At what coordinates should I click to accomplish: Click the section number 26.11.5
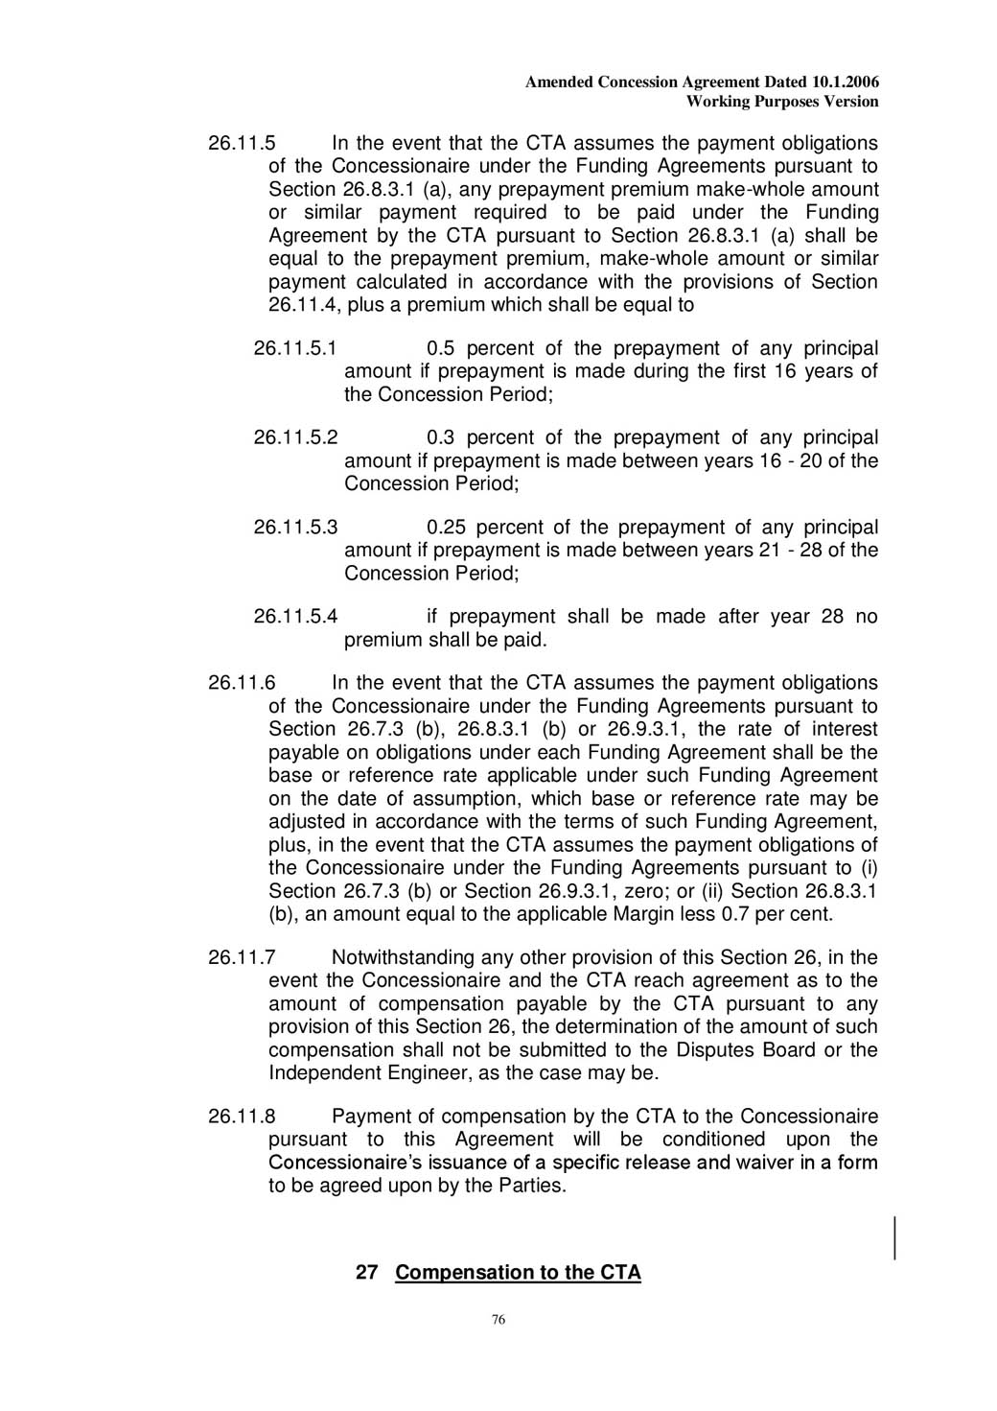pyautogui.click(x=242, y=144)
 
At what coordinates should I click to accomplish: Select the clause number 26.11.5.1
pyautogui.click(x=295, y=348)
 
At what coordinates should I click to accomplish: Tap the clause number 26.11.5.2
pyautogui.click(x=295, y=437)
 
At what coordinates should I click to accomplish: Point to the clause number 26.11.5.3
pyautogui.click(x=295, y=528)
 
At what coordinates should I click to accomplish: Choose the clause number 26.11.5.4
pyautogui.click(x=295, y=617)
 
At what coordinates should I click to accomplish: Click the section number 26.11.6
pyautogui.click(x=242, y=683)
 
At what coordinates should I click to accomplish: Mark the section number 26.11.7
pyautogui.click(x=242, y=957)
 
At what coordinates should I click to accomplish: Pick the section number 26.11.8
pyautogui.click(x=242, y=1117)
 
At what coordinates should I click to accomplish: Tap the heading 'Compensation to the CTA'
pyautogui.click(x=518, y=1273)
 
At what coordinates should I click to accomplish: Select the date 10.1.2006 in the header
pyautogui.click(x=846, y=82)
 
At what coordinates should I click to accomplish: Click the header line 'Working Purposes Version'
pyautogui.click(x=782, y=102)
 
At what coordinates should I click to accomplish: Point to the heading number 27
pyautogui.click(x=366, y=1273)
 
